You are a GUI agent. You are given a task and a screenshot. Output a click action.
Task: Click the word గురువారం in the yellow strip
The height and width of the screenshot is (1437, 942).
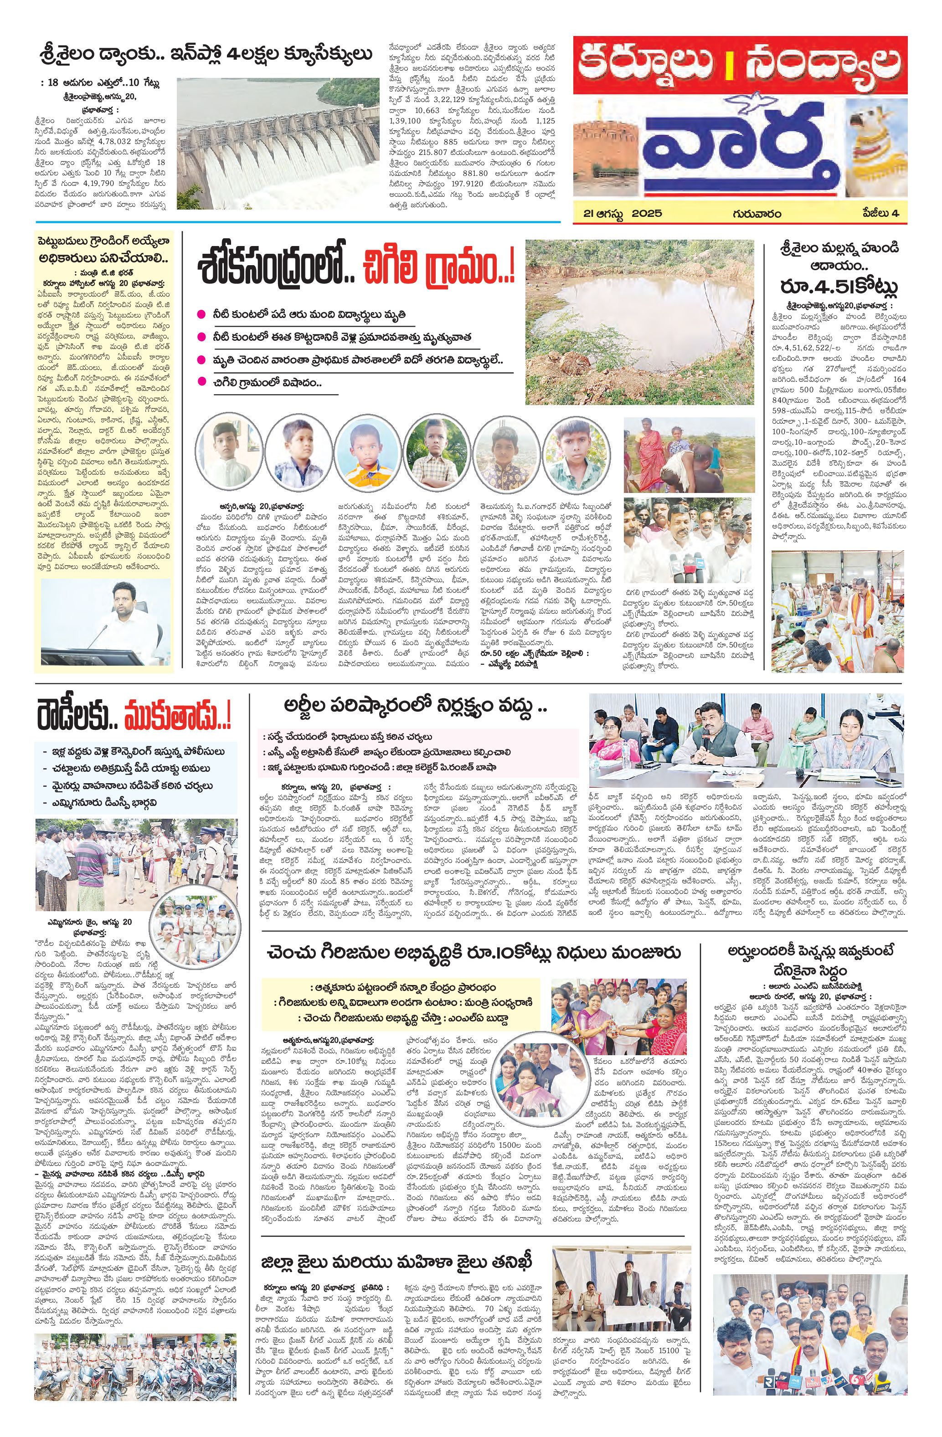click(x=757, y=213)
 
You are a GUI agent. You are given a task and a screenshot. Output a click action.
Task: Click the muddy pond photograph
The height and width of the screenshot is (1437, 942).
click(x=639, y=321)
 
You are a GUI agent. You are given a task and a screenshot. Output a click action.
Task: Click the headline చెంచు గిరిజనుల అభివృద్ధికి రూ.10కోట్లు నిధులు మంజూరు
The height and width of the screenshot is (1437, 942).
click(x=474, y=953)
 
